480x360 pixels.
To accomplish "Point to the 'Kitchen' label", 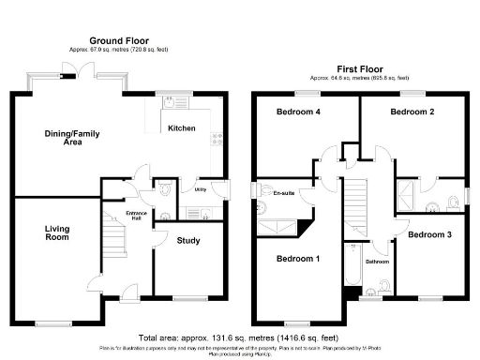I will tap(181, 127).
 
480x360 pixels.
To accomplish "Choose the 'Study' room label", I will tap(188, 241).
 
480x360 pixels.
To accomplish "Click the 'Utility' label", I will tap(200, 189).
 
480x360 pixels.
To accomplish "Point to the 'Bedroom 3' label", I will tap(432, 233).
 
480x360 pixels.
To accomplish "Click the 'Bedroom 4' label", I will tap(297, 112).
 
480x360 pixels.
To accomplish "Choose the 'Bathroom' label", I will tap(377, 262).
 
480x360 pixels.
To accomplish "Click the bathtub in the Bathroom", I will tap(352, 271).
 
